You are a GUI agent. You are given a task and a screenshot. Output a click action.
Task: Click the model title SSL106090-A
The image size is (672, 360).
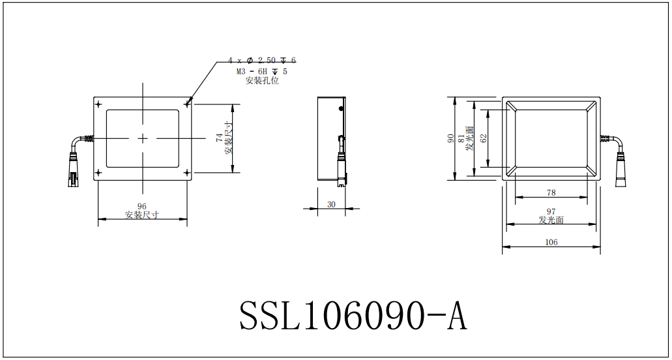tap(353, 316)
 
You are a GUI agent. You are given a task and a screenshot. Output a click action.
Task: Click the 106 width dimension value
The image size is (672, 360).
tap(551, 242)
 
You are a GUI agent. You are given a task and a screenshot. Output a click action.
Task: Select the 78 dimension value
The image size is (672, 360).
tap(551, 192)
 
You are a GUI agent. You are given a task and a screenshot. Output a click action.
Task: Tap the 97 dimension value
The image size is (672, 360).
tap(551, 211)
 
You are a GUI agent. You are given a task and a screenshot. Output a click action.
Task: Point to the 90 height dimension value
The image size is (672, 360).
tap(450, 138)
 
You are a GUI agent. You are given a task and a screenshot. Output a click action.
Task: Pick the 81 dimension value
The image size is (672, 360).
tap(461, 138)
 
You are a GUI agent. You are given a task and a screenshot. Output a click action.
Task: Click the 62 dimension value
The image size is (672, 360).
tap(483, 138)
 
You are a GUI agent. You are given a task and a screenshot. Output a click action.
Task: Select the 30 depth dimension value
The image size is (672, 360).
tap(331, 204)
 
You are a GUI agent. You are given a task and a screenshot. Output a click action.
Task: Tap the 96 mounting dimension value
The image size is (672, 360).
tap(142, 207)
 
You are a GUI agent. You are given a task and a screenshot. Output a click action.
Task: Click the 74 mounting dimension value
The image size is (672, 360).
tap(219, 138)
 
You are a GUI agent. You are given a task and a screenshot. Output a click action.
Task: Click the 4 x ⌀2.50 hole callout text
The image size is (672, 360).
tap(261, 60)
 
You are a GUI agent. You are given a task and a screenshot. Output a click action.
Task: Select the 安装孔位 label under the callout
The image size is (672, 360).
tap(261, 81)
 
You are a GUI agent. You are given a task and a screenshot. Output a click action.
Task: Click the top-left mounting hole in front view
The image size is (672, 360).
tap(98, 104)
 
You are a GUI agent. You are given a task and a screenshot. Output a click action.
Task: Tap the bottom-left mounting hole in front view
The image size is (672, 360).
tap(98, 173)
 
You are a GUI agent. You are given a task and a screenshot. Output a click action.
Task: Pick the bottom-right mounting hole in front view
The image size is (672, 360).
tap(188, 173)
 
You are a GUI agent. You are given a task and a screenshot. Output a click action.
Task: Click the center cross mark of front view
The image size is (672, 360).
tap(143, 138)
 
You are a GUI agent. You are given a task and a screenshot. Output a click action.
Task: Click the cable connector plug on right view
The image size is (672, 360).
tap(621, 171)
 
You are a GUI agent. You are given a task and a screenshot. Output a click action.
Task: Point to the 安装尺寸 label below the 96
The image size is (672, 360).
tap(142, 215)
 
